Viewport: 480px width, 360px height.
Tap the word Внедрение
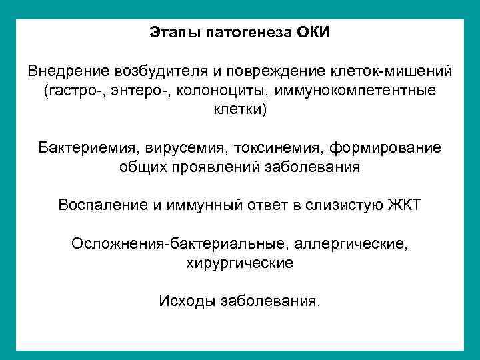63,71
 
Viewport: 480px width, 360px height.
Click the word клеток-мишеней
391,71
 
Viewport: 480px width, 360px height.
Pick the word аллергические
347,244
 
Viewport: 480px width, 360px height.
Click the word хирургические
239,263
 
